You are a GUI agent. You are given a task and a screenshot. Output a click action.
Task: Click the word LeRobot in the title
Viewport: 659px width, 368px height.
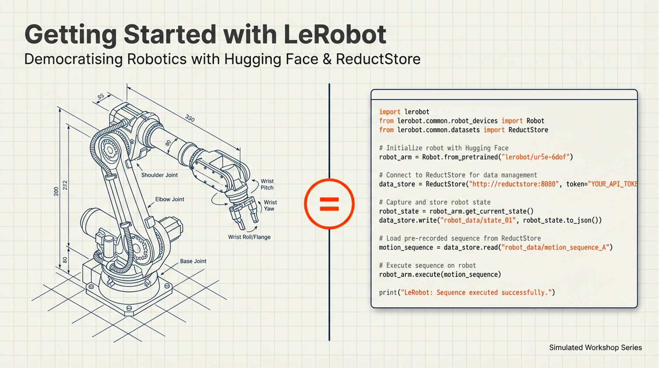[x=335, y=35]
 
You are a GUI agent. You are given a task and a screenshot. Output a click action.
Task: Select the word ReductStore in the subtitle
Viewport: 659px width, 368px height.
[x=378, y=59]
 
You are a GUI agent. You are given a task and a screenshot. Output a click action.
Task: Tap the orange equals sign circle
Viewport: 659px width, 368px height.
[x=329, y=204]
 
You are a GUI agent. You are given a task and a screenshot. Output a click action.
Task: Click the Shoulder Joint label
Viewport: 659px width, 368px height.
[x=159, y=175]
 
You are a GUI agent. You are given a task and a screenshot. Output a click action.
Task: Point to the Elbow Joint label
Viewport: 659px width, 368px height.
[x=170, y=199]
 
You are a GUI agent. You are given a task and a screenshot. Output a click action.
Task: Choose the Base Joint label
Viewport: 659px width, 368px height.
[x=193, y=261]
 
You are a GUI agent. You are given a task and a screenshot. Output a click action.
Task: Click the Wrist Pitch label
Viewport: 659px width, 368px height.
[x=267, y=184]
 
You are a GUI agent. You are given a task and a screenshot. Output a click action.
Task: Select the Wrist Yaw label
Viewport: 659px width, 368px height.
[x=270, y=206]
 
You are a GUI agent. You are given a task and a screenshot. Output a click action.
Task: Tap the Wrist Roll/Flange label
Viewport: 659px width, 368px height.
[x=249, y=237]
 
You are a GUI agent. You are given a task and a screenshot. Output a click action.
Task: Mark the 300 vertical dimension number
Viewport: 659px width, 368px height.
[x=56, y=192]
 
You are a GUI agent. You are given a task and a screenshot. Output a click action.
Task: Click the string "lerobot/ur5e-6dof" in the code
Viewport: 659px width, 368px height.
[x=536, y=157]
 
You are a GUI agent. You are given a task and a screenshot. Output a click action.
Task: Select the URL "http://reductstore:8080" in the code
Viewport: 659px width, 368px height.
[x=514, y=184]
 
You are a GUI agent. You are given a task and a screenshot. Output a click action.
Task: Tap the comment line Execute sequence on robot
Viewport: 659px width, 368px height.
[x=427, y=265]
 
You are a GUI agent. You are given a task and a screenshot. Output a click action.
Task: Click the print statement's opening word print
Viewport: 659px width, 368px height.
[x=388, y=292]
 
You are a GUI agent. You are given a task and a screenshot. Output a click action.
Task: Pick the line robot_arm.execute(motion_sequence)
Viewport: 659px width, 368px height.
[x=440, y=274]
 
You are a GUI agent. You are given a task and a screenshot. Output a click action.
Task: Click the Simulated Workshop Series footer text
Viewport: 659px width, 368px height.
[x=595, y=347]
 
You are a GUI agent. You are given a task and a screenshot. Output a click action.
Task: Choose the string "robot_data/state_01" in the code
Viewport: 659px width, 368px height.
[x=478, y=220]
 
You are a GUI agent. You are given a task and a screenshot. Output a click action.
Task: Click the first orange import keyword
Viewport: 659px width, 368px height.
[x=389, y=112]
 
